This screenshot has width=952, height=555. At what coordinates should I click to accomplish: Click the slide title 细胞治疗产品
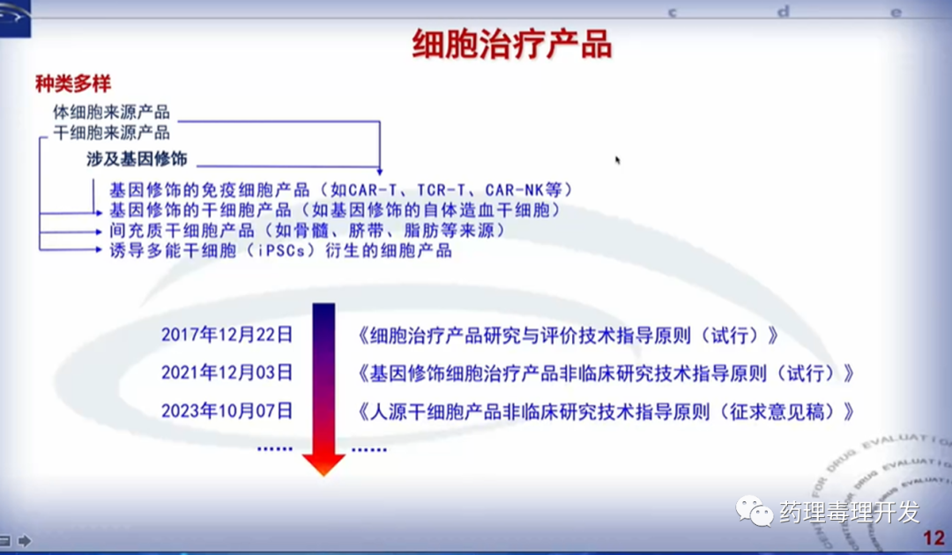tap(512, 44)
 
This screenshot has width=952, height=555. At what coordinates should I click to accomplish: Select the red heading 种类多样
tap(73, 84)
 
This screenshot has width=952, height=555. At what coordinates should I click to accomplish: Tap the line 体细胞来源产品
tap(111, 112)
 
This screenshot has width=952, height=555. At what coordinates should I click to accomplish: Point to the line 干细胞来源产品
tap(111, 132)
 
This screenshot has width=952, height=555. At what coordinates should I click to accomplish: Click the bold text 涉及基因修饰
tap(137, 159)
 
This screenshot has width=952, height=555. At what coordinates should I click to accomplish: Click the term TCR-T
tap(442, 190)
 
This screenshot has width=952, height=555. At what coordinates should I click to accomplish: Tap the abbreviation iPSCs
tap(281, 250)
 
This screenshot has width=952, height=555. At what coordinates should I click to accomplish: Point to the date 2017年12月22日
tap(227, 335)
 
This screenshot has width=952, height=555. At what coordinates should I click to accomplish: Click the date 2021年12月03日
tap(227, 373)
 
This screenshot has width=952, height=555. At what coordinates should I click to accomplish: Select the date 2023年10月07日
tap(227, 411)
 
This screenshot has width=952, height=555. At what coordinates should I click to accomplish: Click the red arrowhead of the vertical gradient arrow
tap(324, 464)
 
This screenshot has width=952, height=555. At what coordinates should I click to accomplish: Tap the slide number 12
tap(933, 537)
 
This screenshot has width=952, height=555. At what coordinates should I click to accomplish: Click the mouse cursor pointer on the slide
tap(617, 160)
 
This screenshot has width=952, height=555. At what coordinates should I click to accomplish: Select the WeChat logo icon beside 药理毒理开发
tap(754, 511)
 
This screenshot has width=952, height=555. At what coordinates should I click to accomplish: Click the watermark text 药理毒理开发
tap(850, 513)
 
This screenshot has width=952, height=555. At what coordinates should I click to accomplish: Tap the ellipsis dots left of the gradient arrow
tap(274, 449)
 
